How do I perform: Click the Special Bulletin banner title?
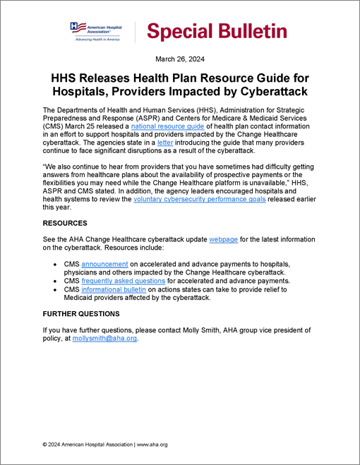click(216, 31)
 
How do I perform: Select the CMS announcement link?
click(105, 263)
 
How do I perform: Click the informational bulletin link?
click(114, 289)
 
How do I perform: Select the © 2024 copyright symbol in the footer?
click(45, 445)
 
